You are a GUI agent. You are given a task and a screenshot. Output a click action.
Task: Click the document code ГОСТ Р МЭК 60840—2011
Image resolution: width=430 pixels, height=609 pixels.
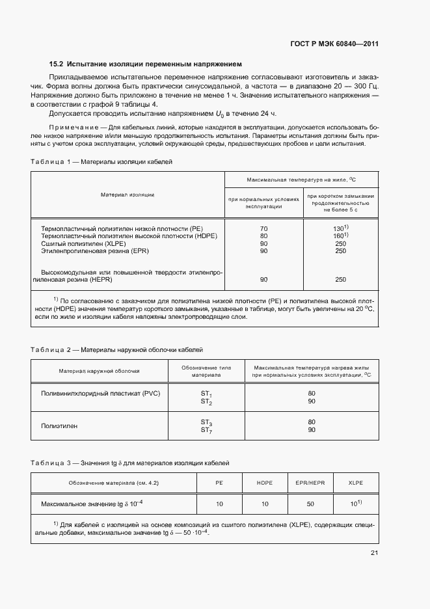(x=334, y=44)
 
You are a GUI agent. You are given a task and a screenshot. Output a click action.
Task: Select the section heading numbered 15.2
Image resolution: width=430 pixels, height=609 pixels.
(x=146, y=64)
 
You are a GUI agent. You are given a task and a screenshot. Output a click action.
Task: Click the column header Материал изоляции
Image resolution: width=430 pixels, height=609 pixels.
(x=128, y=195)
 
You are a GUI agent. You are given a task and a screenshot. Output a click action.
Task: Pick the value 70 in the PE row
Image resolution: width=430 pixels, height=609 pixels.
(x=263, y=229)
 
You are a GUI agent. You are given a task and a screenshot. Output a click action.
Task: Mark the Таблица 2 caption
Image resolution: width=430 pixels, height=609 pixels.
(x=117, y=349)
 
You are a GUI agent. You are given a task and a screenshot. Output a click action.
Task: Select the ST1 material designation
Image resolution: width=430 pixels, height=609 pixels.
(x=206, y=394)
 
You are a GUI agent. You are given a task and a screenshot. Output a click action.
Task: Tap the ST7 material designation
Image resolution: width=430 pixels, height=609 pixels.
(x=206, y=430)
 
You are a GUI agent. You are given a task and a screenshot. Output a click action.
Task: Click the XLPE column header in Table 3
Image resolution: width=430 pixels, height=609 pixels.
(x=356, y=483)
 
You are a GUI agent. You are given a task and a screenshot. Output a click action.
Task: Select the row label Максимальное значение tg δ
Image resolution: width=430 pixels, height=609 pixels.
(x=92, y=504)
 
